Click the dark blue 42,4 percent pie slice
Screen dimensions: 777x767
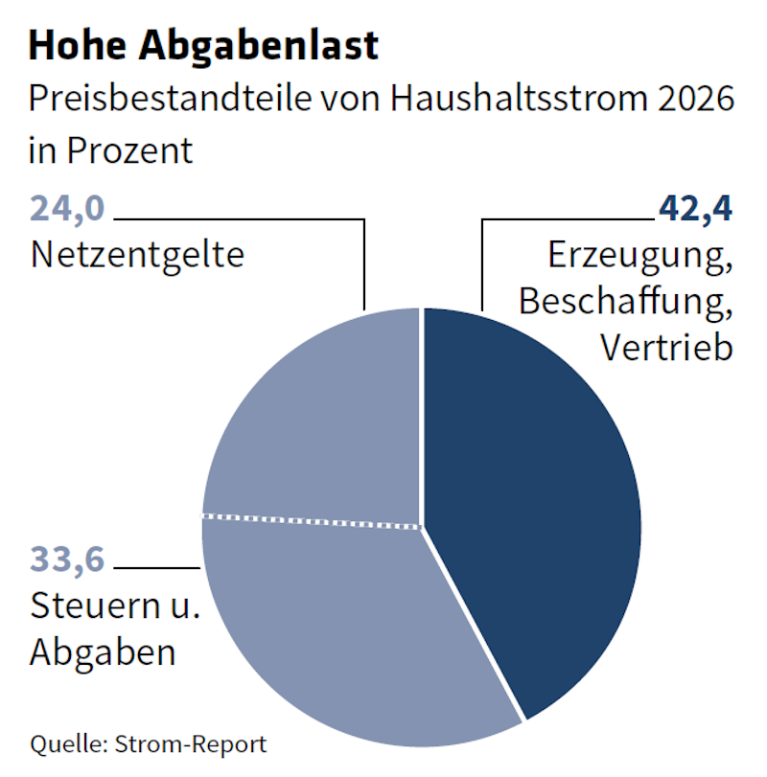pyautogui.click(x=532, y=498)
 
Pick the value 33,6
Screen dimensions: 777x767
pyautogui.click(x=66, y=558)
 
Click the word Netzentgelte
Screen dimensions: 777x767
pyautogui.click(x=137, y=256)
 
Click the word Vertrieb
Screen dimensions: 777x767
pyautogui.click(x=666, y=346)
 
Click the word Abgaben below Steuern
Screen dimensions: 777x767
pyautogui.click(x=104, y=651)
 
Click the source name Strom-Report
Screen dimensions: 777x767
pyautogui.click(x=191, y=743)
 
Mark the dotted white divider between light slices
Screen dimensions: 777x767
pyautogui.click(x=312, y=519)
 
